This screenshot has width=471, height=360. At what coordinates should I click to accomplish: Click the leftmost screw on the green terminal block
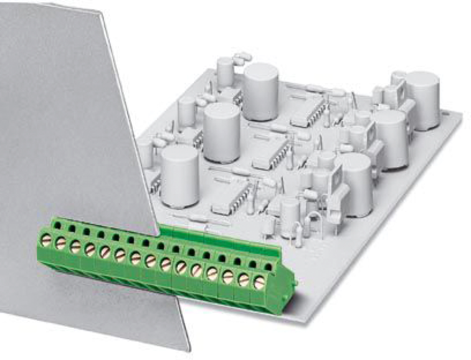pyautogui.click(x=45, y=239)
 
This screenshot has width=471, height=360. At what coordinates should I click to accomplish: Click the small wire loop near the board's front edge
pyautogui.click(x=315, y=223)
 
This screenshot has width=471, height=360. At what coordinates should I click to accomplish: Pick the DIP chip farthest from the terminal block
pyautogui.click(x=308, y=111)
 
